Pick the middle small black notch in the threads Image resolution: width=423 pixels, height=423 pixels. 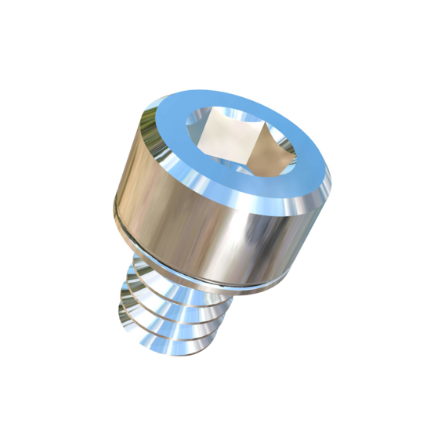[x=123, y=295]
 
